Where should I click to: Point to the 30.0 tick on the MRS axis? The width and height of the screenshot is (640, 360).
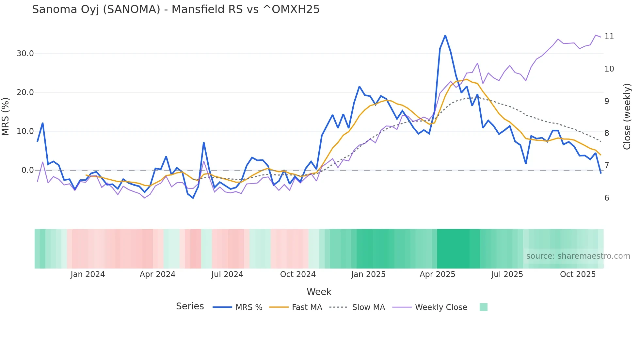click(25, 54)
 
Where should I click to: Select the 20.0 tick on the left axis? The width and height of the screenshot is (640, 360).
click(25, 92)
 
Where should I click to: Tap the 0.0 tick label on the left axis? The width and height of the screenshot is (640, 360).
click(27, 170)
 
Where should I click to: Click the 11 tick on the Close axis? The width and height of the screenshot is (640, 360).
click(609, 37)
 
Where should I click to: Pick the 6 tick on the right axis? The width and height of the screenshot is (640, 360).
click(607, 198)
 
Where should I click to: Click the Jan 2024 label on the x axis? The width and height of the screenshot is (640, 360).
click(88, 274)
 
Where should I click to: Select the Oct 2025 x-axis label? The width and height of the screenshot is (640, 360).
click(578, 274)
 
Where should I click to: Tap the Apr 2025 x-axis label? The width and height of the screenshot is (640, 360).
click(437, 274)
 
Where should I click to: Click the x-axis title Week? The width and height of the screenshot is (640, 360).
click(319, 292)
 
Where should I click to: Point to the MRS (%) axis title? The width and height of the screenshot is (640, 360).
click(6, 116)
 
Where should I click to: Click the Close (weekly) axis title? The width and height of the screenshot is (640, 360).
click(627, 116)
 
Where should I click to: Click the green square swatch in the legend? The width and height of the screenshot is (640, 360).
click(483, 307)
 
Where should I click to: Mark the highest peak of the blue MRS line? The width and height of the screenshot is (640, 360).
click(445, 36)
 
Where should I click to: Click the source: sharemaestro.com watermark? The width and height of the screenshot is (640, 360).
click(578, 256)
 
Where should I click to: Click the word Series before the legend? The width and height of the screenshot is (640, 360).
click(190, 306)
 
